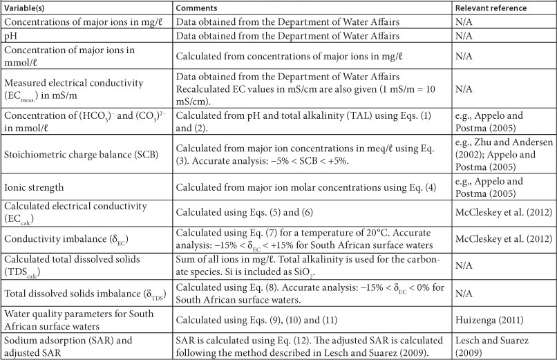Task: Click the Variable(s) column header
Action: tap(25, 8)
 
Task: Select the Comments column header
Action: tap(198, 8)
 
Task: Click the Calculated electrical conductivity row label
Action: tap(74, 206)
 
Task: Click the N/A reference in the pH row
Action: tap(463, 35)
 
